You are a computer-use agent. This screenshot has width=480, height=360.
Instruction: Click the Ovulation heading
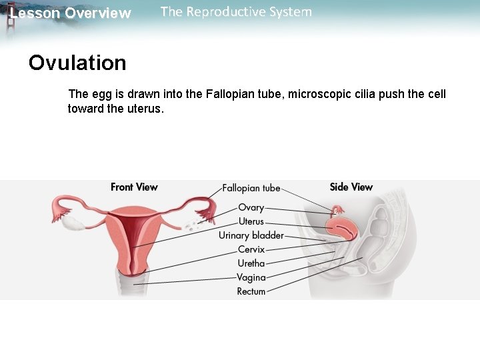coord(77,63)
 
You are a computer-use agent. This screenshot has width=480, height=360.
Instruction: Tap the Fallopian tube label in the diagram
coord(251,189)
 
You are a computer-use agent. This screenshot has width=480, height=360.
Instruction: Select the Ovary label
coord(251,208)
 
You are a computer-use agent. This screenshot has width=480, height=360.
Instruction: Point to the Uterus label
coord(251,221)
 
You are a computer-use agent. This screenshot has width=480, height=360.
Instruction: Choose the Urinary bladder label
coord(251,235)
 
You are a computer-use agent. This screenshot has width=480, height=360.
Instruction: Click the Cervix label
coord(251,249)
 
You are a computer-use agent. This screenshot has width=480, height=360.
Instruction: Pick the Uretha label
coord(251,263)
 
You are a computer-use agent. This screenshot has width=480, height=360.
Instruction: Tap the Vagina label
coord(251,277)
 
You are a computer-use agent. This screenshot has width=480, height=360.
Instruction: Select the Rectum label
coord(251,291)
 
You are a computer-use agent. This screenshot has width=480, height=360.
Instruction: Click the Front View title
coord(134,187)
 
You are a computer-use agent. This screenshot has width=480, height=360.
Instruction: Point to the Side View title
coord(351,187)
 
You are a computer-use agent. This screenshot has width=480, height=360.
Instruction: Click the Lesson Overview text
coord(71,13)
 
